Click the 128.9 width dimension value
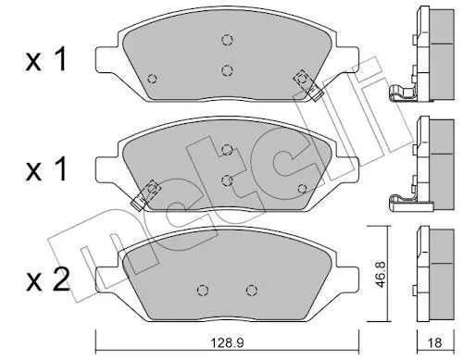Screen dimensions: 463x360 [227, 342]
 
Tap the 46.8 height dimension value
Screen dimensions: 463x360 [382, 275]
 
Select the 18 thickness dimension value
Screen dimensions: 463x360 [435, 342]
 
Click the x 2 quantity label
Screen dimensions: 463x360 [48, 281]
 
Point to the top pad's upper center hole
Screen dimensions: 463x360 [227, 40]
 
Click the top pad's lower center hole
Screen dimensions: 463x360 [227, 70]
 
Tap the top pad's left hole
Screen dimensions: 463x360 [152, 79]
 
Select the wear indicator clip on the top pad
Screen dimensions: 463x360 [308, 85]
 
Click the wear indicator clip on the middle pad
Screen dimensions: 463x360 [145, 195]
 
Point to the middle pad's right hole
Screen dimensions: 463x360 [302, 188]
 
